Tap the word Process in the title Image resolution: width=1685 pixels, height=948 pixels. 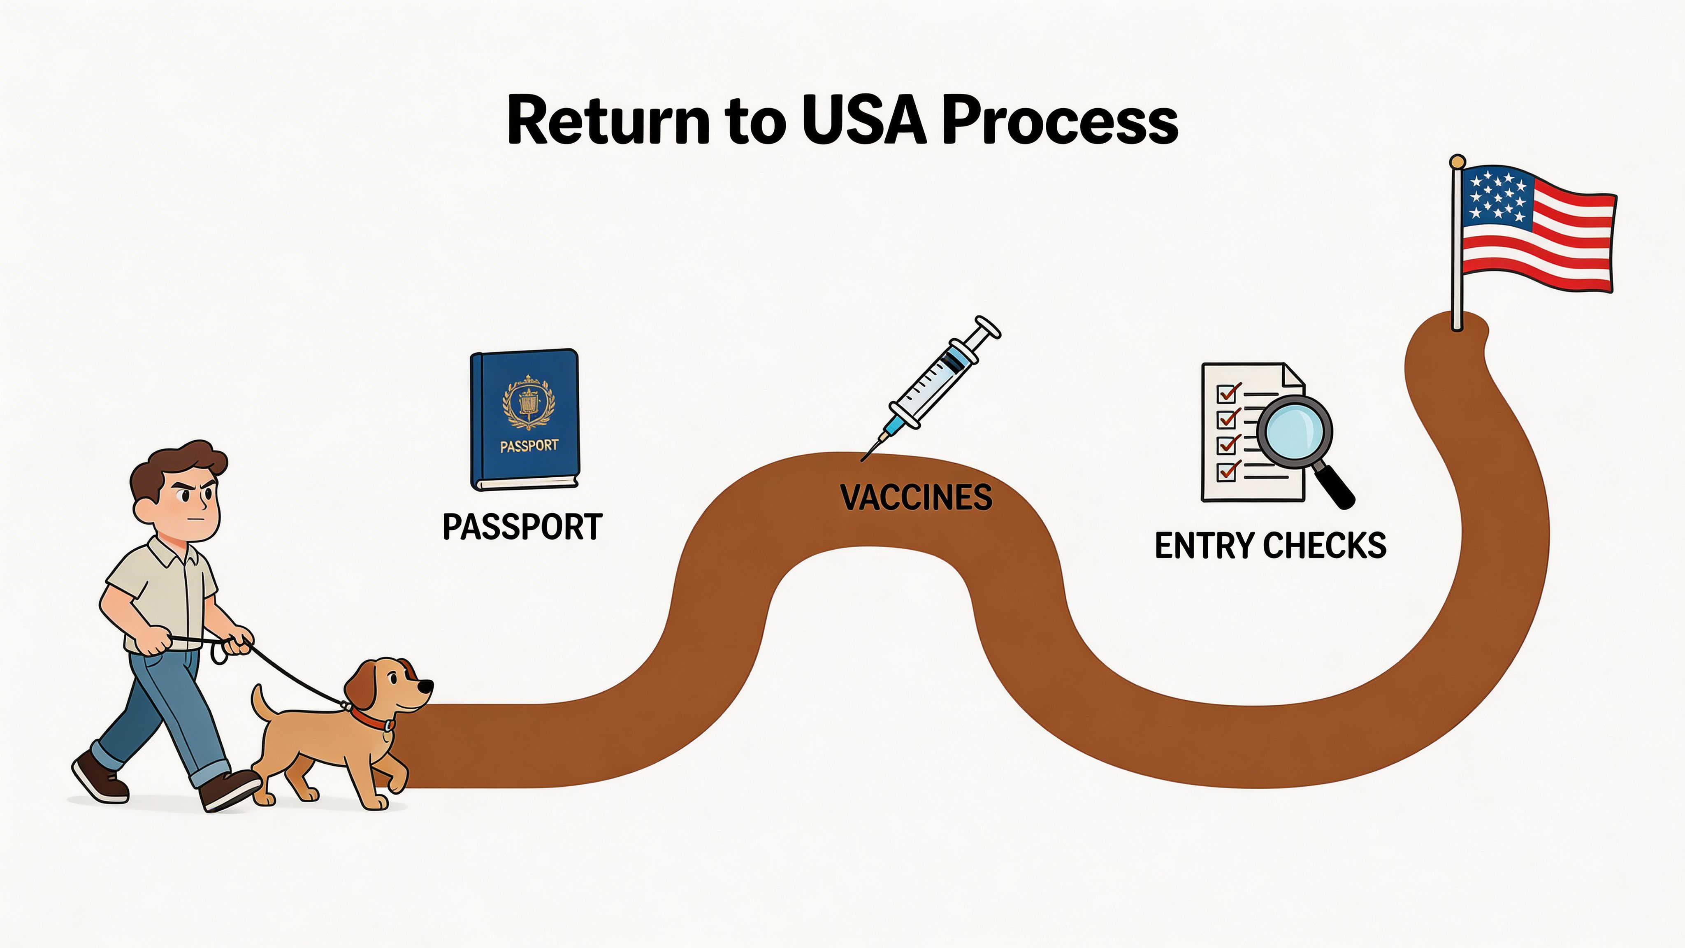(1060, 122)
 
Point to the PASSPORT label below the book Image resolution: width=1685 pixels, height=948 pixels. (522, 527)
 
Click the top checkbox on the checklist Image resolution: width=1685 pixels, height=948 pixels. (1225, 393)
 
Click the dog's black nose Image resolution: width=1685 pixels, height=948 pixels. (425, 686)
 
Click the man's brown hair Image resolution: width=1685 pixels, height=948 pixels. (176, 465)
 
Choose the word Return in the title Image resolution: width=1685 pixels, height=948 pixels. (608, 122)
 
